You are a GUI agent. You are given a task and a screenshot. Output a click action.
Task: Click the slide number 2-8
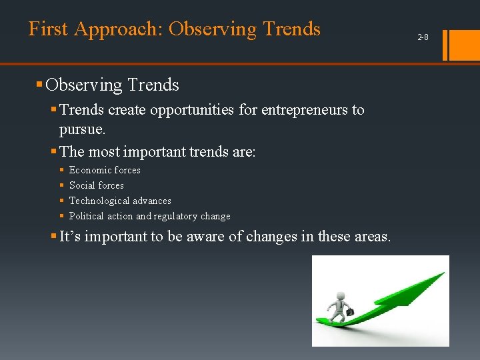[423, 37]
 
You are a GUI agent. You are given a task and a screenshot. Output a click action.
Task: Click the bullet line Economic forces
[105, 170]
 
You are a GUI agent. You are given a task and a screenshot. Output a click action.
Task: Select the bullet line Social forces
[97, 185]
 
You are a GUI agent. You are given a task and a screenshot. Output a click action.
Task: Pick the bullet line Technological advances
[120, 201]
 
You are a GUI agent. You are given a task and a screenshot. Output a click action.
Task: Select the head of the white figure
[341, 295]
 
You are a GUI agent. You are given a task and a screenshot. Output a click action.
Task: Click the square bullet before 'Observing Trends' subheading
[39, 85]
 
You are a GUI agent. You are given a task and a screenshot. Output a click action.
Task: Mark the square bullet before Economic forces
[62, 171]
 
